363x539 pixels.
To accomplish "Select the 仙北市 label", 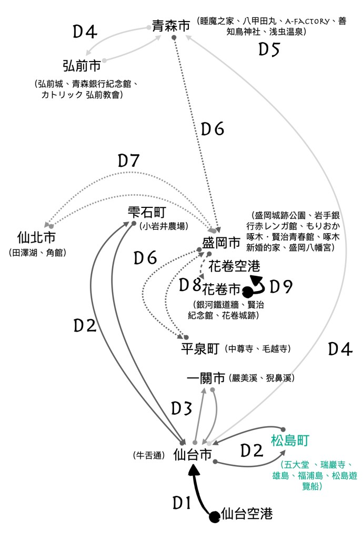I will tap(37, 237).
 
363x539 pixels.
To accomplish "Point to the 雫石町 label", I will tap(147, 213).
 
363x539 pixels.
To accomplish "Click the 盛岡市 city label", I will tap(221, 243).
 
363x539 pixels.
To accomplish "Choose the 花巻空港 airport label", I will tap(234, 266).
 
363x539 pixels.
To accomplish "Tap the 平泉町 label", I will tap(199, 349).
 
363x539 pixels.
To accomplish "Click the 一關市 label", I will tap(206, 378).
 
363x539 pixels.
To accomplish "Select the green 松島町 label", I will tap(290, 440).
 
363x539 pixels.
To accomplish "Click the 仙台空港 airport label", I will tap(247, 513).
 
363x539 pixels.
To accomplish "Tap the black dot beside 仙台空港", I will tap(214, 517).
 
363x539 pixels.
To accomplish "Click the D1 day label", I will tap(182, 504).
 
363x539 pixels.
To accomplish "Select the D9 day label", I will tap(281, 287).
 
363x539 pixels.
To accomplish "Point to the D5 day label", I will tap(269, 49).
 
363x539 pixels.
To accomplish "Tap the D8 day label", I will tap(190, 286).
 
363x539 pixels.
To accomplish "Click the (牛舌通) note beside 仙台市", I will tap(150, 455).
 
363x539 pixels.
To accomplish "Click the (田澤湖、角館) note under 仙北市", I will tap(37, 253).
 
